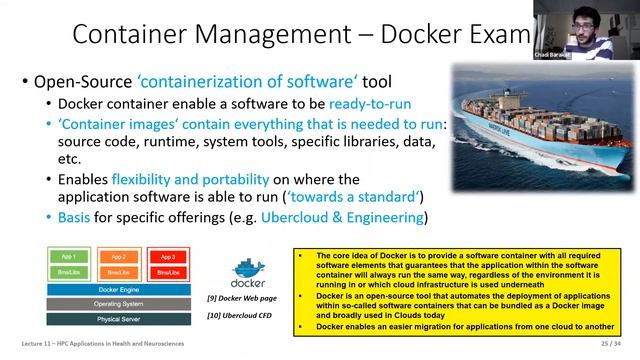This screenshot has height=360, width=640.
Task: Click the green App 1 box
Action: [67, 257]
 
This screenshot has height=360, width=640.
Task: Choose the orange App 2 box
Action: [118, 257]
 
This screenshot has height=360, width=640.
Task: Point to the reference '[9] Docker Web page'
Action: [241, 299]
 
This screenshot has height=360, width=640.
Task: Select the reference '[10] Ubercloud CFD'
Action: [241, 316]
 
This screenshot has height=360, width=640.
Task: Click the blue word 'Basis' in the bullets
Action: [78, 217]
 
